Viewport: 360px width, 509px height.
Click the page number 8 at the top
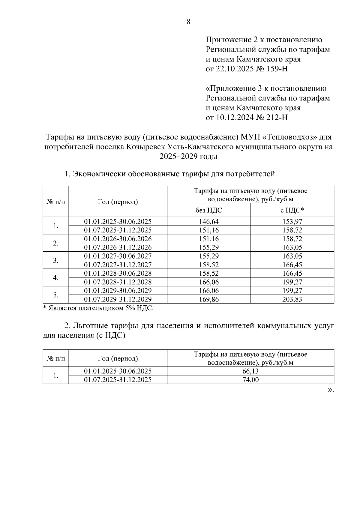point(188,22)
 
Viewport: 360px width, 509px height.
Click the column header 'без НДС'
point(209,210)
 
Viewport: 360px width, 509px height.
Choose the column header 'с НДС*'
point(292,210)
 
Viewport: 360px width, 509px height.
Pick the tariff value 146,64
point(209,222)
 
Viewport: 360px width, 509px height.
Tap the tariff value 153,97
point(292,222)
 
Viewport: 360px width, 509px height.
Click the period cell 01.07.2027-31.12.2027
point(118,265)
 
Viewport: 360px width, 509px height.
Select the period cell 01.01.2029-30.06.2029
point(118,291)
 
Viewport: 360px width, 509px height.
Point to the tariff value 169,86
point(209,299)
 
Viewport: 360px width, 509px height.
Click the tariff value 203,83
point(292,299)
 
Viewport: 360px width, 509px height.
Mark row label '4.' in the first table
point(55,278)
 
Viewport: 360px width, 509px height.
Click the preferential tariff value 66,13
point(250,371)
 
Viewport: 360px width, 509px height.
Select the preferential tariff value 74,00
point(250,380)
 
